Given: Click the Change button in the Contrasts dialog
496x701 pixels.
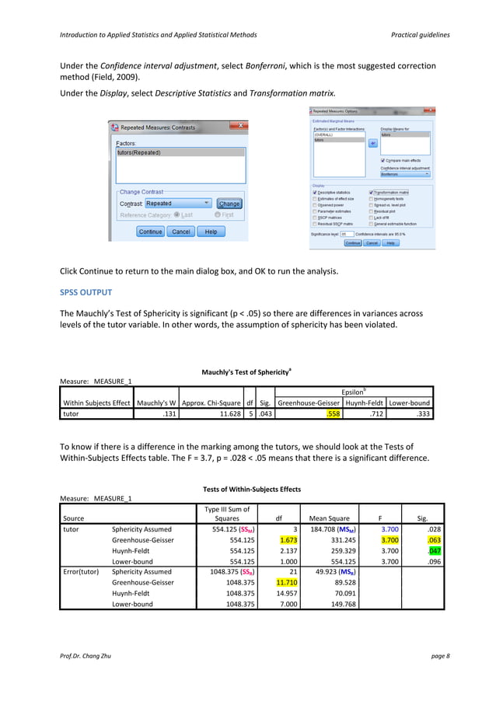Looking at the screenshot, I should (229, 204).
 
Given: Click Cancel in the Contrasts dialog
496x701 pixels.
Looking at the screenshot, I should (181, 232).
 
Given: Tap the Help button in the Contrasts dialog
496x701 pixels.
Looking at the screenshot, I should (211, 232).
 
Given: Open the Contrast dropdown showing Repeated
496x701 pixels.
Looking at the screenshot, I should (178, 204).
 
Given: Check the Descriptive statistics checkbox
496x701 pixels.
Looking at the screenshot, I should (314, 193).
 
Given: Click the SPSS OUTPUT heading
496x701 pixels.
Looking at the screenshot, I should (86, 292).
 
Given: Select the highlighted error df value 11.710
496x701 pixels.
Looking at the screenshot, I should (277, 582).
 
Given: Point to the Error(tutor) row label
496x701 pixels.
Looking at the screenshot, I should (81, 572).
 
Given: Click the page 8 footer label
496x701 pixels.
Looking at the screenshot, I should (439, 657).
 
